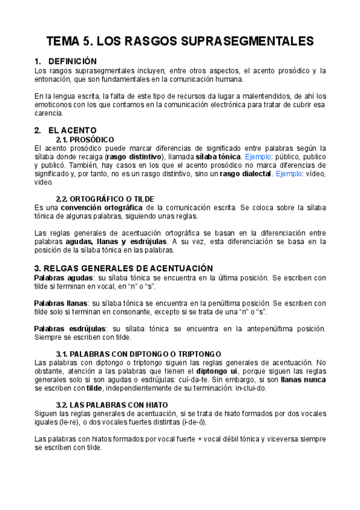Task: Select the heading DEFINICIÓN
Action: (72, 61)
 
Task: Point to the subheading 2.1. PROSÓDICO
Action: (85, 140)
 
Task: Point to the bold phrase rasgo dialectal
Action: (247, 174)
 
